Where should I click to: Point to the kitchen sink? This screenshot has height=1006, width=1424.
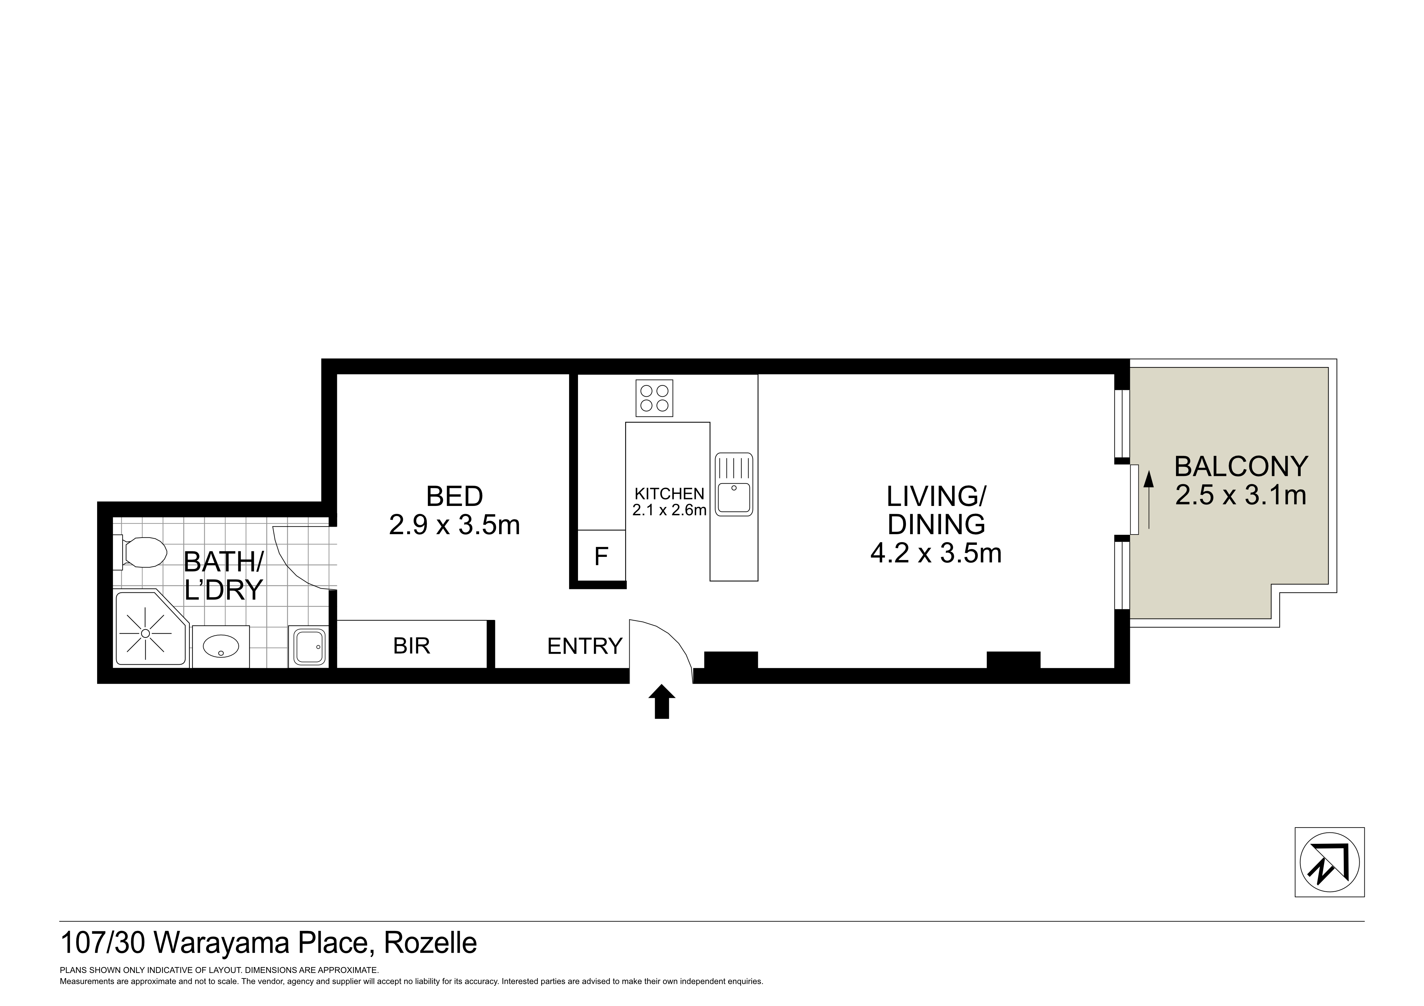coord(734,484)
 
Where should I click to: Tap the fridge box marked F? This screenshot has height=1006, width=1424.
coord(601,556)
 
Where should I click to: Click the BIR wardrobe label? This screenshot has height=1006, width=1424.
coord(411,646)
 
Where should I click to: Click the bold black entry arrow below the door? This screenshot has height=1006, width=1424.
coord(662,702)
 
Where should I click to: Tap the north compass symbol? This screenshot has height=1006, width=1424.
coord(1330,862)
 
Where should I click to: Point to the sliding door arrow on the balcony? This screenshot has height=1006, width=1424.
coord(1149,500)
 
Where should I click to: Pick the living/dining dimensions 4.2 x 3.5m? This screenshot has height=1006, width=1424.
coord(936,553)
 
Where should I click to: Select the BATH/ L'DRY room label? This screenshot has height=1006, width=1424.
coord(224,575)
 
